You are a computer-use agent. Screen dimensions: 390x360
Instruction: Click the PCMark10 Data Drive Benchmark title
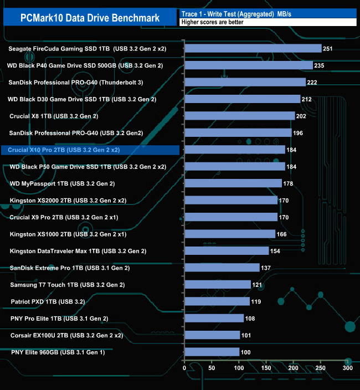tap(90, 18)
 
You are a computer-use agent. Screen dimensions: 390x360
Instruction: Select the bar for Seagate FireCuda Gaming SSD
tap(253, 49)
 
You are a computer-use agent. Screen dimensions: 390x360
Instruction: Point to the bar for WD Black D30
tap(242, 99)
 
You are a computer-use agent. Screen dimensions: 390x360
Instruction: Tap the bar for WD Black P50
tap(234, 167)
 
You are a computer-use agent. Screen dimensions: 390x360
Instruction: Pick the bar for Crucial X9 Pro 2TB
tap(230, 217)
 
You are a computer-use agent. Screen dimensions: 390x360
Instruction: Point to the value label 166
tap(282, 234)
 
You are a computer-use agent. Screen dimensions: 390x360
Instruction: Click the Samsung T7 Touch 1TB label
tap(68, 285)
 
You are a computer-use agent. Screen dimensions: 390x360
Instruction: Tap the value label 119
tap(256, 302)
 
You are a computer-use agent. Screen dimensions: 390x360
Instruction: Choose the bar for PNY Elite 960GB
tap(212, 352)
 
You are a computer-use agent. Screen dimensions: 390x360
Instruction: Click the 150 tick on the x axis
tap(266, 367)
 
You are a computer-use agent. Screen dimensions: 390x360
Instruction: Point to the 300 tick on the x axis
tap(347, 367)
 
